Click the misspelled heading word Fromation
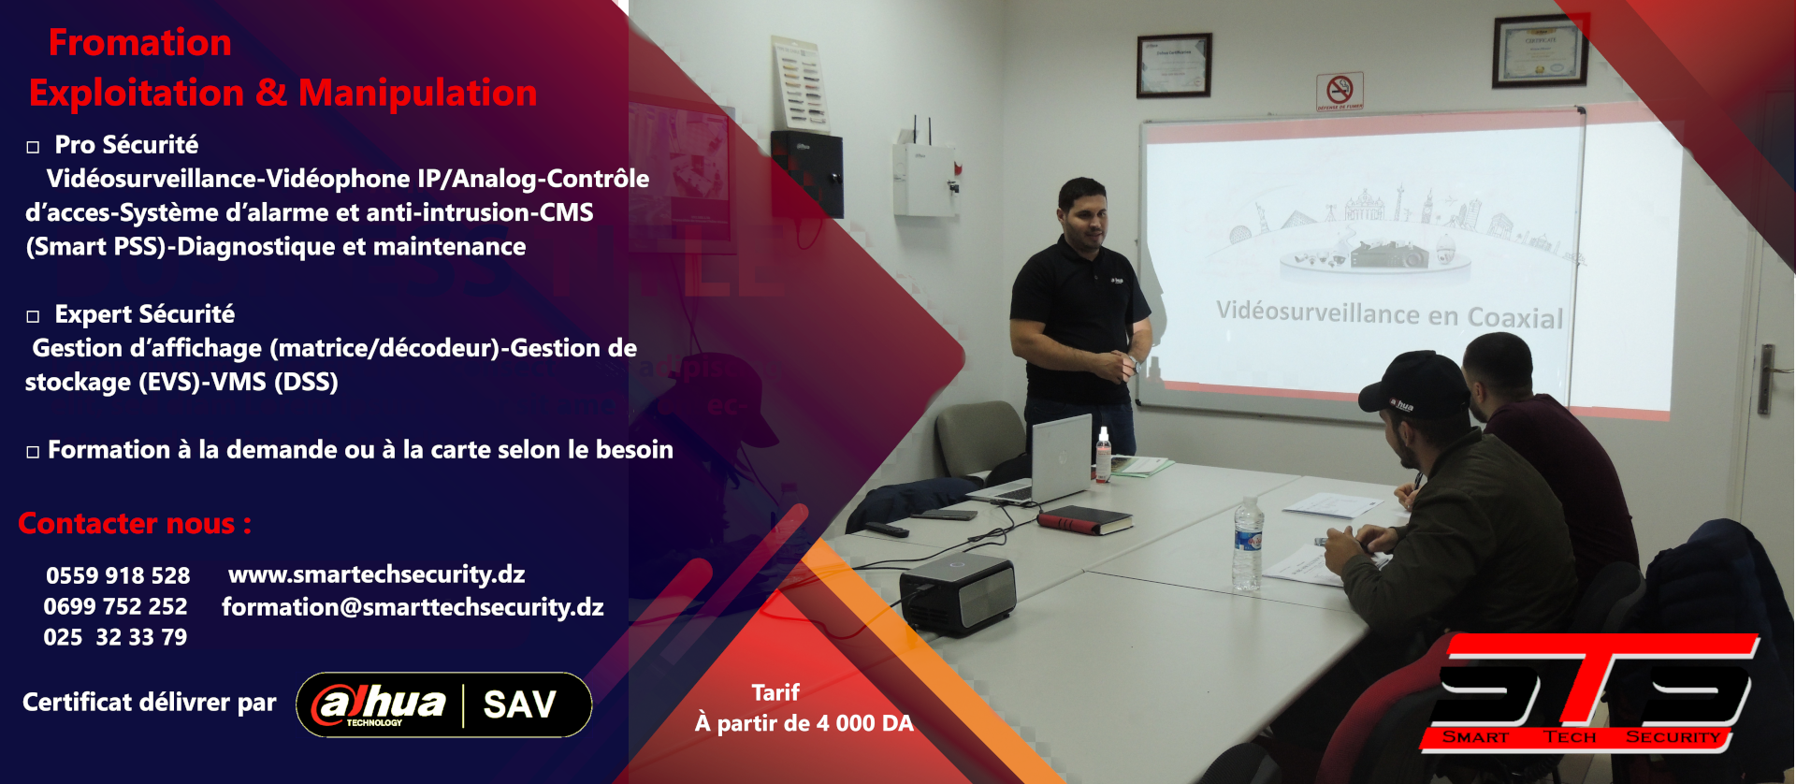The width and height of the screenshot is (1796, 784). tap(139, 43)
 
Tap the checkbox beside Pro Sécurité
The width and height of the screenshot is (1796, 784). tap(33, 147)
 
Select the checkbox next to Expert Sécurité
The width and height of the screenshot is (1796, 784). tap(33, 316)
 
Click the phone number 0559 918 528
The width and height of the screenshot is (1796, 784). tap(118, 575)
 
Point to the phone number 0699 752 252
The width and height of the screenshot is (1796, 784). tap(115, 606)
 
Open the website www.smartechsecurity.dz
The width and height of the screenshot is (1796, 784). tap(376, 573)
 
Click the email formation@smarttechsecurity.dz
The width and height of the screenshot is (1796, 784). tap(413, 607)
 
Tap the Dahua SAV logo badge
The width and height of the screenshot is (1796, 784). tap(443, 704)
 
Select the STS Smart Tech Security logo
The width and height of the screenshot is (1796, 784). tap(1590, 692)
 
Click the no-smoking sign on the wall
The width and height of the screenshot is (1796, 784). tap(1340, 92)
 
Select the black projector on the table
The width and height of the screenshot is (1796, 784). tap(957, 593)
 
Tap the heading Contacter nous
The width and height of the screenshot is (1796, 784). tap(135, 523)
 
